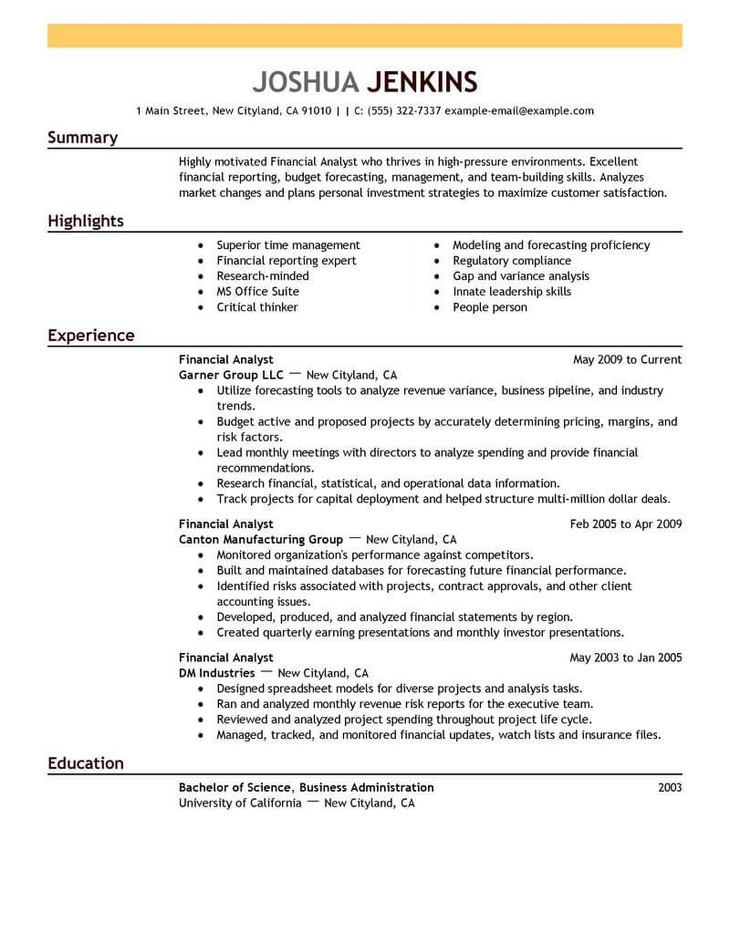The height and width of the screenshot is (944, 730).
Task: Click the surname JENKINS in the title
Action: coord(422,81)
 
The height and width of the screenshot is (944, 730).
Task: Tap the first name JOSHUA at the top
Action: coord(305,81)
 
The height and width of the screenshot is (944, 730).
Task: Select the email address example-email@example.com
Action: coord(519,111)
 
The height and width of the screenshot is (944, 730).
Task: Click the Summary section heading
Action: coord(82,138)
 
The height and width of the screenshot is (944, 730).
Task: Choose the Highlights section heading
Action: coord(86,222)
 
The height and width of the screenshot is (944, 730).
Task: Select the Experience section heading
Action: coord(91,336)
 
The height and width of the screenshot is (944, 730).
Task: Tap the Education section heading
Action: coord(86,763)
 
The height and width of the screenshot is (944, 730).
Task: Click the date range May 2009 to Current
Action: coord(627,359)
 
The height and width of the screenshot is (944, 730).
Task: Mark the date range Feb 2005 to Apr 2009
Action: coord(626,524)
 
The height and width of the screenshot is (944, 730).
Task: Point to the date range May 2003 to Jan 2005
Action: coord(626,658)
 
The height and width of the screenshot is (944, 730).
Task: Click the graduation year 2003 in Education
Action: coord(669,787)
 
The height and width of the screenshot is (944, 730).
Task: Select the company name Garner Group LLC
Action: coord(232,375)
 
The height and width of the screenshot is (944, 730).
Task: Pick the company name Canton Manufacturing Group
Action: coord(261,539)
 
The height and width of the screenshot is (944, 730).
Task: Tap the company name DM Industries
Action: coord(216,673)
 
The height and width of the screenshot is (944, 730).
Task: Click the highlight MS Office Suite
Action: coord(257,292)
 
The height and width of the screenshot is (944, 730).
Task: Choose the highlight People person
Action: coord(490,307)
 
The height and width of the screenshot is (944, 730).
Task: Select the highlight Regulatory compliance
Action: coord(512,261)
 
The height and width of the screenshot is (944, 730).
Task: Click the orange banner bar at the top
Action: coord(365,36)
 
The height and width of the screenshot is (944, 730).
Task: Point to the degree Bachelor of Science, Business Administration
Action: coord(307,787)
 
